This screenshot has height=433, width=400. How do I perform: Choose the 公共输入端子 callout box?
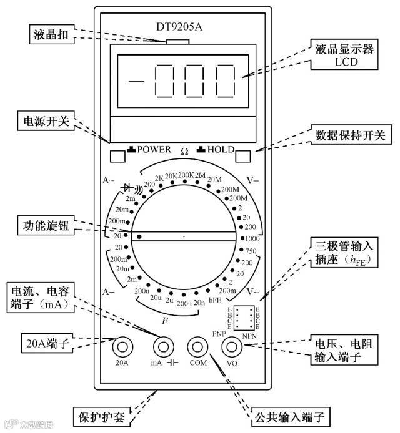[x=291, y=416]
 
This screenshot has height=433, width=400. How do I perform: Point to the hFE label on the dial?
[x=215, y=301]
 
